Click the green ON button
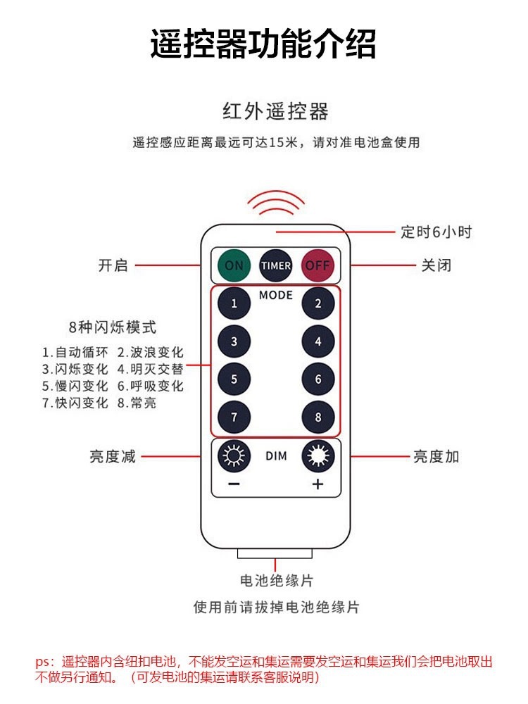tap(234, 266)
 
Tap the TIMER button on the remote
tap(276, 266)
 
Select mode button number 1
tap(234, 304)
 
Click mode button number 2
tap(318, 304)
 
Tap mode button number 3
tap(234, 342)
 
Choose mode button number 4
tap(318, 342)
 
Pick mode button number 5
tap(234, 380)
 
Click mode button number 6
tap(318, 380)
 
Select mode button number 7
tap(234, 417)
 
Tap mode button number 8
tap(318, 417)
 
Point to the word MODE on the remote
tap(276, 295)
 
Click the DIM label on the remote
tap(276, 456)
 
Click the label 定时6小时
tap(436, 232)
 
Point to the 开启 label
tap(113, 265)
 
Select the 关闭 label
tap(436, 265)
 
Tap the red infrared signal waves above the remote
tap(275, 203)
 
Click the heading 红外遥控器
tap(275, 111)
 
